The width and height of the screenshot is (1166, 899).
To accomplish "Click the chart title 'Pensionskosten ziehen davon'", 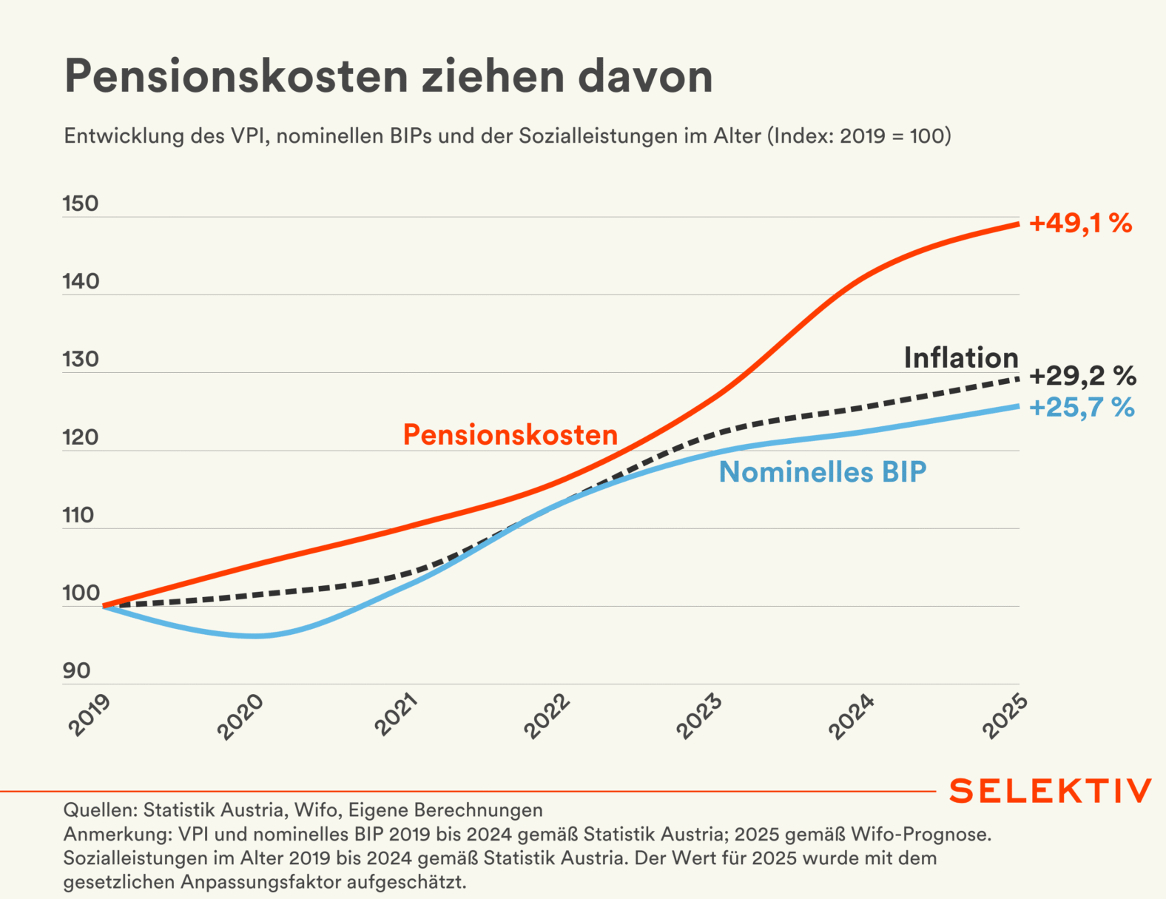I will point(388,76).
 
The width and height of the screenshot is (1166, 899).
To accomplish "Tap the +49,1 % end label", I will point(1080,223).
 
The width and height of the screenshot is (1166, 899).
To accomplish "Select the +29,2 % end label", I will point(1082,376).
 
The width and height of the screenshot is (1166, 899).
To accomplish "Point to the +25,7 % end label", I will point(1081,408).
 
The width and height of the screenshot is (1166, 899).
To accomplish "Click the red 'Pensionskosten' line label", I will point(510,434).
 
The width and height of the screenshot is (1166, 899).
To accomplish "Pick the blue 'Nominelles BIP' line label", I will point(822,472).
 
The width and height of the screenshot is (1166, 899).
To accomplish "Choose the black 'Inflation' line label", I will point(961,358).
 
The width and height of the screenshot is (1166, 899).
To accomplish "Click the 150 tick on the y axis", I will point(81,203).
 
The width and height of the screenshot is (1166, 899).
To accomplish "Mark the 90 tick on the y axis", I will point(76,671).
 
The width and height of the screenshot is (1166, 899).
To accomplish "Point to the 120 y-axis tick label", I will point(81,437).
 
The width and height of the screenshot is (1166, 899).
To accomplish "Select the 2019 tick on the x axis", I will point(90,716).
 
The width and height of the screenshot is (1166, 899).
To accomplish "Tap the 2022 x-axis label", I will point(547,716).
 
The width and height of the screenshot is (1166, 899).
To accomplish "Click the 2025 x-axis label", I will point(1005,716).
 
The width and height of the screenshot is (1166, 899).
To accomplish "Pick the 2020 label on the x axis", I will point(240,716).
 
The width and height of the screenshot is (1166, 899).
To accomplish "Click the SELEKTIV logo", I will point(1050,791).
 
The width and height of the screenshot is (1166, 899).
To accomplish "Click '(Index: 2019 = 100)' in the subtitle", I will point(859,136).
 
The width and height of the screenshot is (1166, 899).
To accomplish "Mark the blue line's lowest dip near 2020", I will point(255,636).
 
